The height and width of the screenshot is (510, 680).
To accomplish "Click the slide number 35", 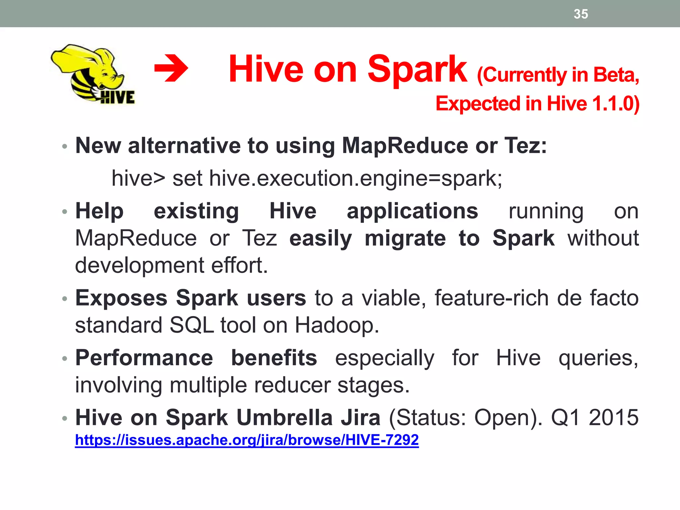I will point(581,14).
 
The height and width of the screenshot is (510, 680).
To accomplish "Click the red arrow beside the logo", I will point(171,69).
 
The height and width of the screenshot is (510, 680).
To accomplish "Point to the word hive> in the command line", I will point(138,178).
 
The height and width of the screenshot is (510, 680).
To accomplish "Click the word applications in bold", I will point(412,211).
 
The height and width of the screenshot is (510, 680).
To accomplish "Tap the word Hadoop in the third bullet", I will point(336,325).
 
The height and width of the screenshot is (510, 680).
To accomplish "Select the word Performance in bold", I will point(144,358).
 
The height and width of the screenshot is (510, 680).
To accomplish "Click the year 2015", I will point(614,417).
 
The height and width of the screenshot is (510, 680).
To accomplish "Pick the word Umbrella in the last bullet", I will point(285,417).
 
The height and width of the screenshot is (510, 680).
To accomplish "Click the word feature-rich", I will point(491,298).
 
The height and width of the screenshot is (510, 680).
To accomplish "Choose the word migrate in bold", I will point(405,238).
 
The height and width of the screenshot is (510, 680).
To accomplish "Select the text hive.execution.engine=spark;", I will point(356,178).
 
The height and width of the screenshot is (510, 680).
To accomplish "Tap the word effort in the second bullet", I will point(239,265).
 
